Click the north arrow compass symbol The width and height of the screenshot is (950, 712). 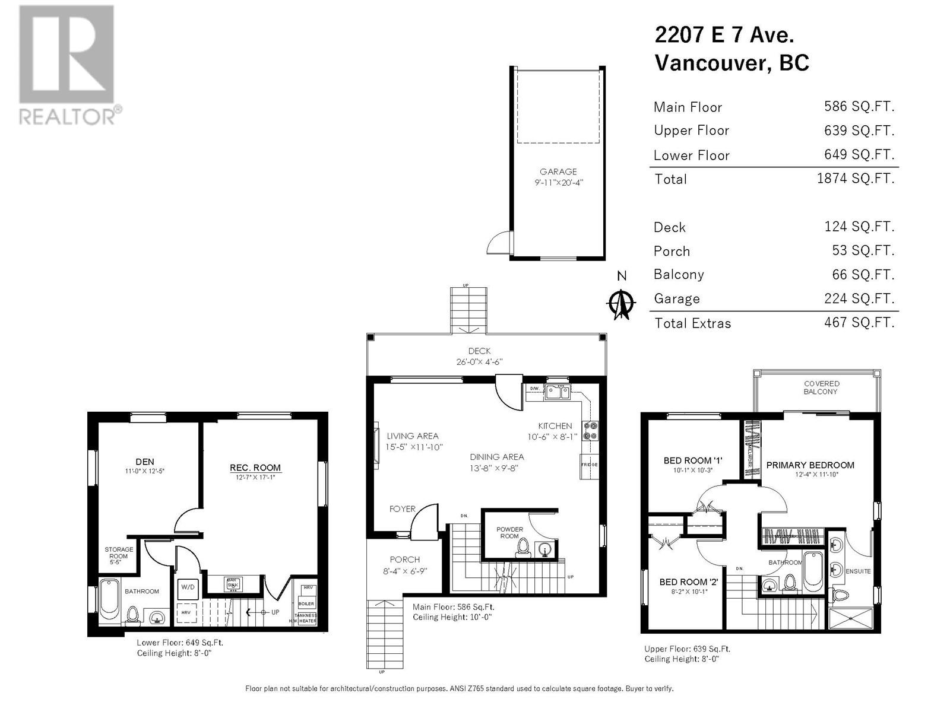[x=621, y=304]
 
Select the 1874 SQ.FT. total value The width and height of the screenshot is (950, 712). [x=856, y=178]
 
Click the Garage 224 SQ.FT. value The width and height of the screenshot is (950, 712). [x=859, y=298]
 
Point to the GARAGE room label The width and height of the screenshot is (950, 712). [x=558, y=172]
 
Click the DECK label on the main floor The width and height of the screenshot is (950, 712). [x=479, y=351]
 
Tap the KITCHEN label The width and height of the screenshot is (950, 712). [x=555, y=426]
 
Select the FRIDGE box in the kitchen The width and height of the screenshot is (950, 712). [x=590, y=465]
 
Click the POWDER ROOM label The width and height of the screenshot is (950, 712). [x=509, y=532]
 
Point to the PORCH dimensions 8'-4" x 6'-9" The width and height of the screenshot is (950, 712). [x=404, y=571]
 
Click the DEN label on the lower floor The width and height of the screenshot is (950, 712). [x=144, y=462]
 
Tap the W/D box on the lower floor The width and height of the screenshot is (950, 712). [x=188, y=587]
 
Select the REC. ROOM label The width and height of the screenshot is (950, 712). [x=255, y=468]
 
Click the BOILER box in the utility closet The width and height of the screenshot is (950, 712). [x=306, y=603]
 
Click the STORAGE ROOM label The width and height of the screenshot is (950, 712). [x=119, y=553]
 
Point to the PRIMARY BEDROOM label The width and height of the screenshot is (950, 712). [x=810, y=465]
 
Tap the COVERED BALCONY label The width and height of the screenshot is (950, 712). [x=821, y=387]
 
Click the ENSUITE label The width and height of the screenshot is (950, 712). [x=858, y=571]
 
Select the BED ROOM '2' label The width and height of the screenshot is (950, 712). [x=688, y=582]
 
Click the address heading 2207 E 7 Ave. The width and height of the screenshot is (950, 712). [x=724, y=35]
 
